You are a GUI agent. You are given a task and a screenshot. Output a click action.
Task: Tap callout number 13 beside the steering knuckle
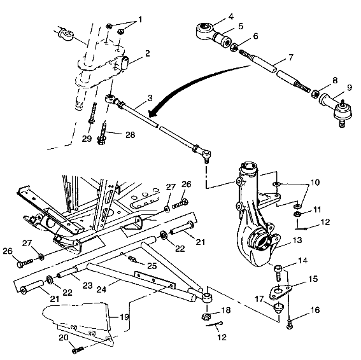pyautogui.click(x=297, y=242)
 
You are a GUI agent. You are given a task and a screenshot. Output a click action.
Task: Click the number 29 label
pyautogui.click(x=87, y=138)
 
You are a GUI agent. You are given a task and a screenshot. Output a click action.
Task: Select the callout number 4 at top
pyautogui.click(x=213, y=16)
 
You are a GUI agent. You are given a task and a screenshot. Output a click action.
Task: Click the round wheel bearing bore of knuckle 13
pyautogui.click(x=260, y=242)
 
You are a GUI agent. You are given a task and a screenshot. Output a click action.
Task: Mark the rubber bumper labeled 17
pyautogui.click(x=278, y=309)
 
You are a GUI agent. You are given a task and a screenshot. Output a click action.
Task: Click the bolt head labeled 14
pyautogui.click(x=278, y=272)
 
